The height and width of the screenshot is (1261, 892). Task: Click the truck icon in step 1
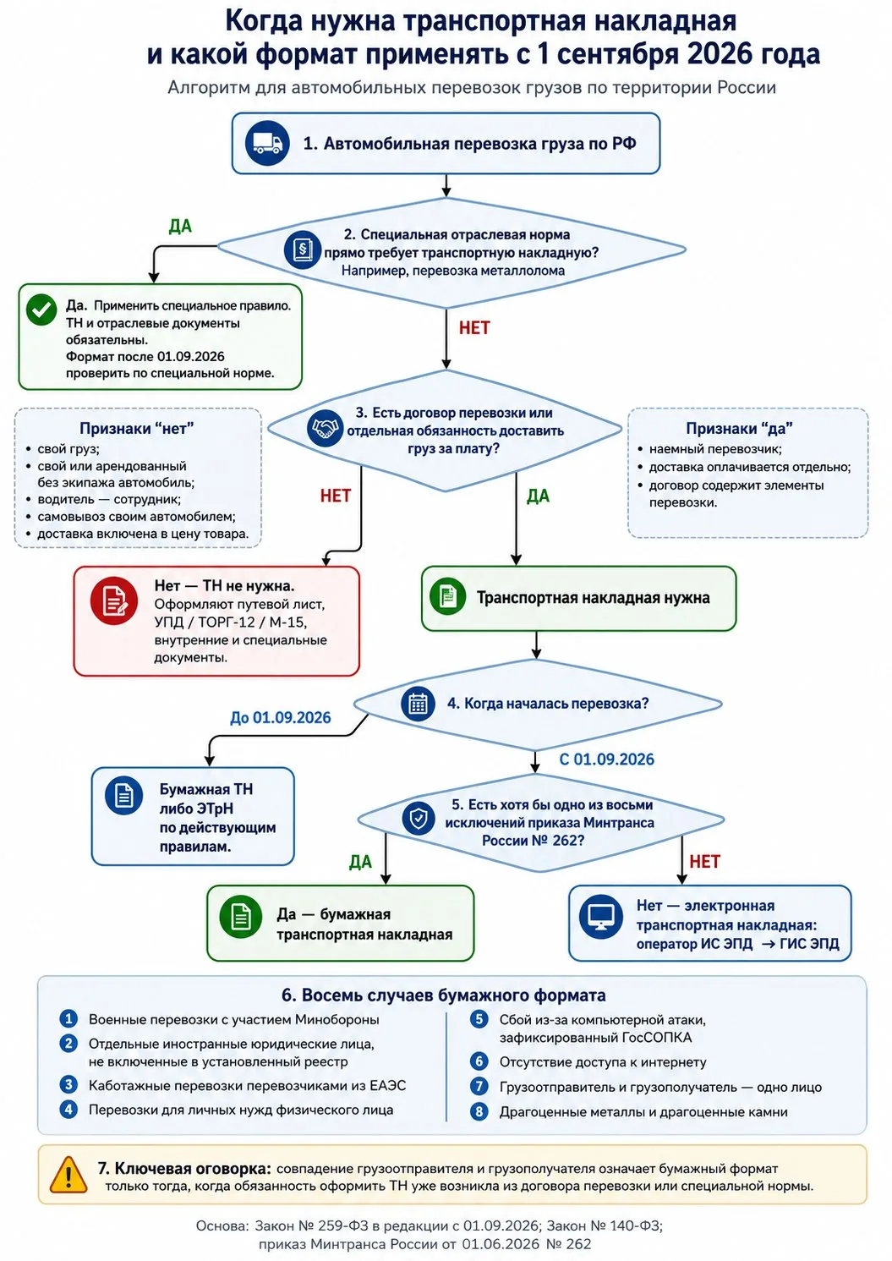tap(267, 143)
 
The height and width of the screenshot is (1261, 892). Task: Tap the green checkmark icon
tap(41, 310)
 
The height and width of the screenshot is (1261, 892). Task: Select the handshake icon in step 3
tap(325, 429)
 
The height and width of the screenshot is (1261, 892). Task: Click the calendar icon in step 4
tap(418, 704)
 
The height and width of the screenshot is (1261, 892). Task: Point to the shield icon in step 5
tap(419, 819)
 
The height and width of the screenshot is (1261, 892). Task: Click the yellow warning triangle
tap(68, 1175)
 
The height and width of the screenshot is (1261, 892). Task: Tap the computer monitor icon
tap(601, 917)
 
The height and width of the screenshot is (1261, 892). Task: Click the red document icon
tap(114, 600)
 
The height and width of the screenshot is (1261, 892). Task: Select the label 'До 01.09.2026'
tap(280, 718)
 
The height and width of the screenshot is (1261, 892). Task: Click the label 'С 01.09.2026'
tap(607, 759)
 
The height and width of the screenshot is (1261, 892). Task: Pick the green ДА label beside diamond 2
tap(180, 227)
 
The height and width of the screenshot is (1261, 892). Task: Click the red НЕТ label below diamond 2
tap(474, 328)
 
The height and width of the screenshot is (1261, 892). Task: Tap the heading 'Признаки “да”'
tap(739, 429)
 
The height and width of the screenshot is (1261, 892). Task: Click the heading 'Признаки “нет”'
tap(137, 429)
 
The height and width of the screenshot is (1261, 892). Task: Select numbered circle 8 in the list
tap(479, 1112)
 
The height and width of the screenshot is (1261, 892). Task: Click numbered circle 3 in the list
tap(68, 1085)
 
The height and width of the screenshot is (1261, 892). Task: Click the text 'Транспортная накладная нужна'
tap(594, 598)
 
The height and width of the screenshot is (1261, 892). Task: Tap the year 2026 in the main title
tap(720, 54)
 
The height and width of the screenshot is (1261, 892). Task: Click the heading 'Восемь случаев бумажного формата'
tap(453, 995)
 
